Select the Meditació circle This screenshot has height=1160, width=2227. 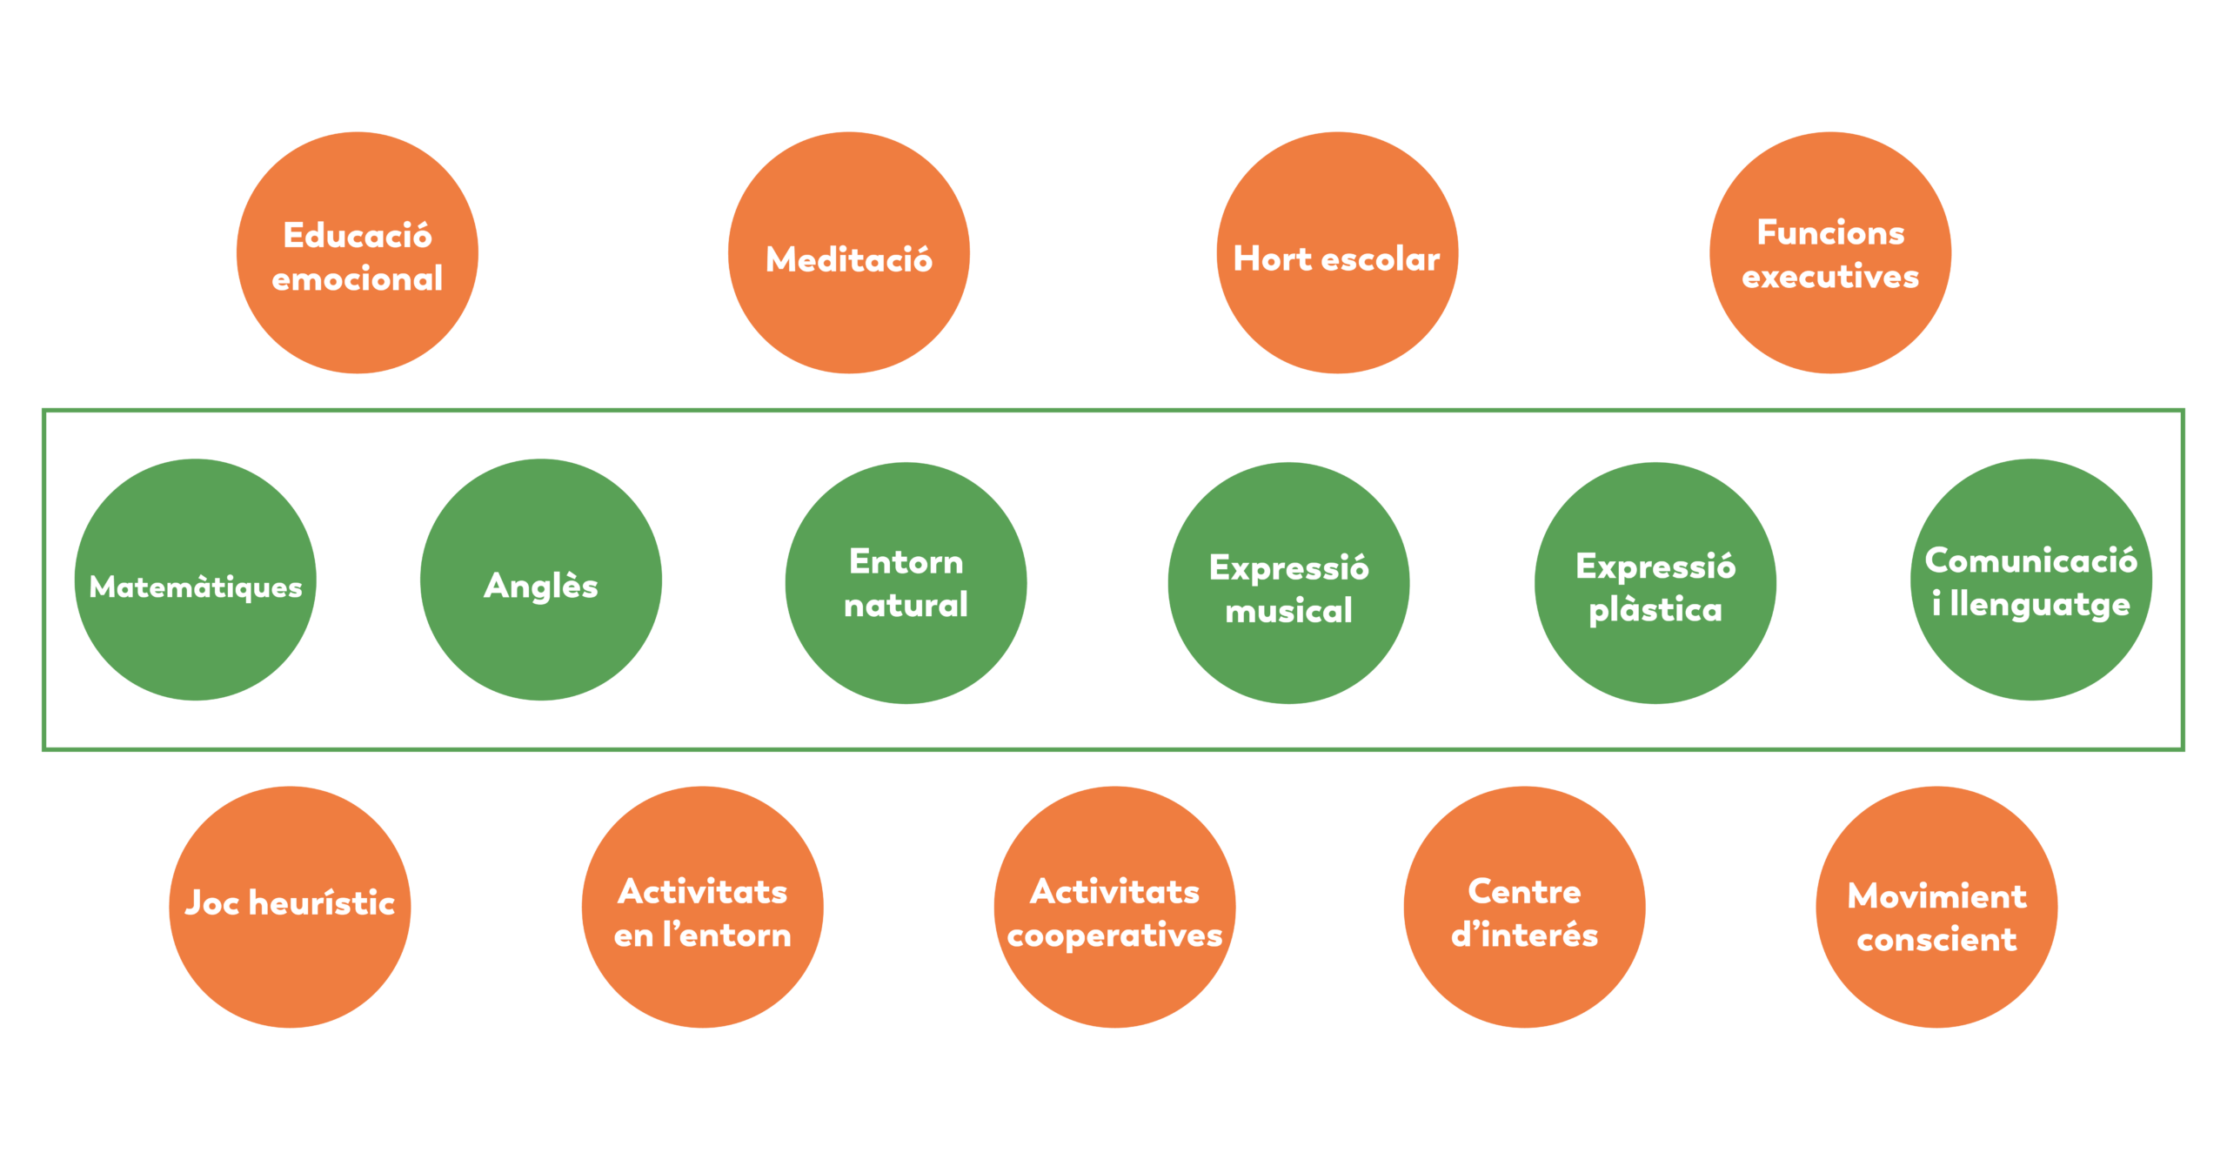849,253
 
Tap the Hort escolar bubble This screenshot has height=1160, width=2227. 1337,253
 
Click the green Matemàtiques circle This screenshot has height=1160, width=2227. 196,580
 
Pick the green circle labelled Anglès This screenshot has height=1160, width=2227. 541,580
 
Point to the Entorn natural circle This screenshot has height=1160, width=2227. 906,583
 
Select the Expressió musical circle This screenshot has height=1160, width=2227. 1288,583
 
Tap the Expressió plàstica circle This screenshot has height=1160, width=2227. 1655,583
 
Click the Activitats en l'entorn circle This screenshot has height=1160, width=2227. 703,908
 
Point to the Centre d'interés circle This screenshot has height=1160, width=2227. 1524,908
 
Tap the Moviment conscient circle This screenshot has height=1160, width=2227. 1936,908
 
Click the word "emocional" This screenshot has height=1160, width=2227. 357,279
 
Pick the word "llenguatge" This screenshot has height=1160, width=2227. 2040,605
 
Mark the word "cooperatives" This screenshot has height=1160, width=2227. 1114,936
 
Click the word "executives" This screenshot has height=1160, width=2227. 1830,277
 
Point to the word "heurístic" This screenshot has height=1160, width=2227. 322,903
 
